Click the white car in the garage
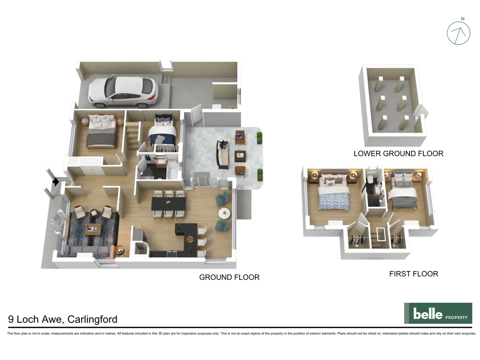tap(122, 92)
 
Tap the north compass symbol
tap(458, 33)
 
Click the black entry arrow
tap(56, 182)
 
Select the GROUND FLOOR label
tap(229, 277)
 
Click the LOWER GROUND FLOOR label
tap(398, 153)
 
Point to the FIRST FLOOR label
tap(413, 274)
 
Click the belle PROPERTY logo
tap(438, 313)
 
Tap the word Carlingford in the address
tap(92, 319)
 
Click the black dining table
tap(169, 204)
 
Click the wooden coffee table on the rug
tap(93, 229)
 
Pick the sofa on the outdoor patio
tap(223, 154)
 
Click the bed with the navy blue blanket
tap(162, 133)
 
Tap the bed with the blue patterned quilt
tap(334, 198)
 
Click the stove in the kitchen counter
tap(172, 254)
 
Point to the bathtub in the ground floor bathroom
tap(173, 170)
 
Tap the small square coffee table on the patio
tap(240, 155)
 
